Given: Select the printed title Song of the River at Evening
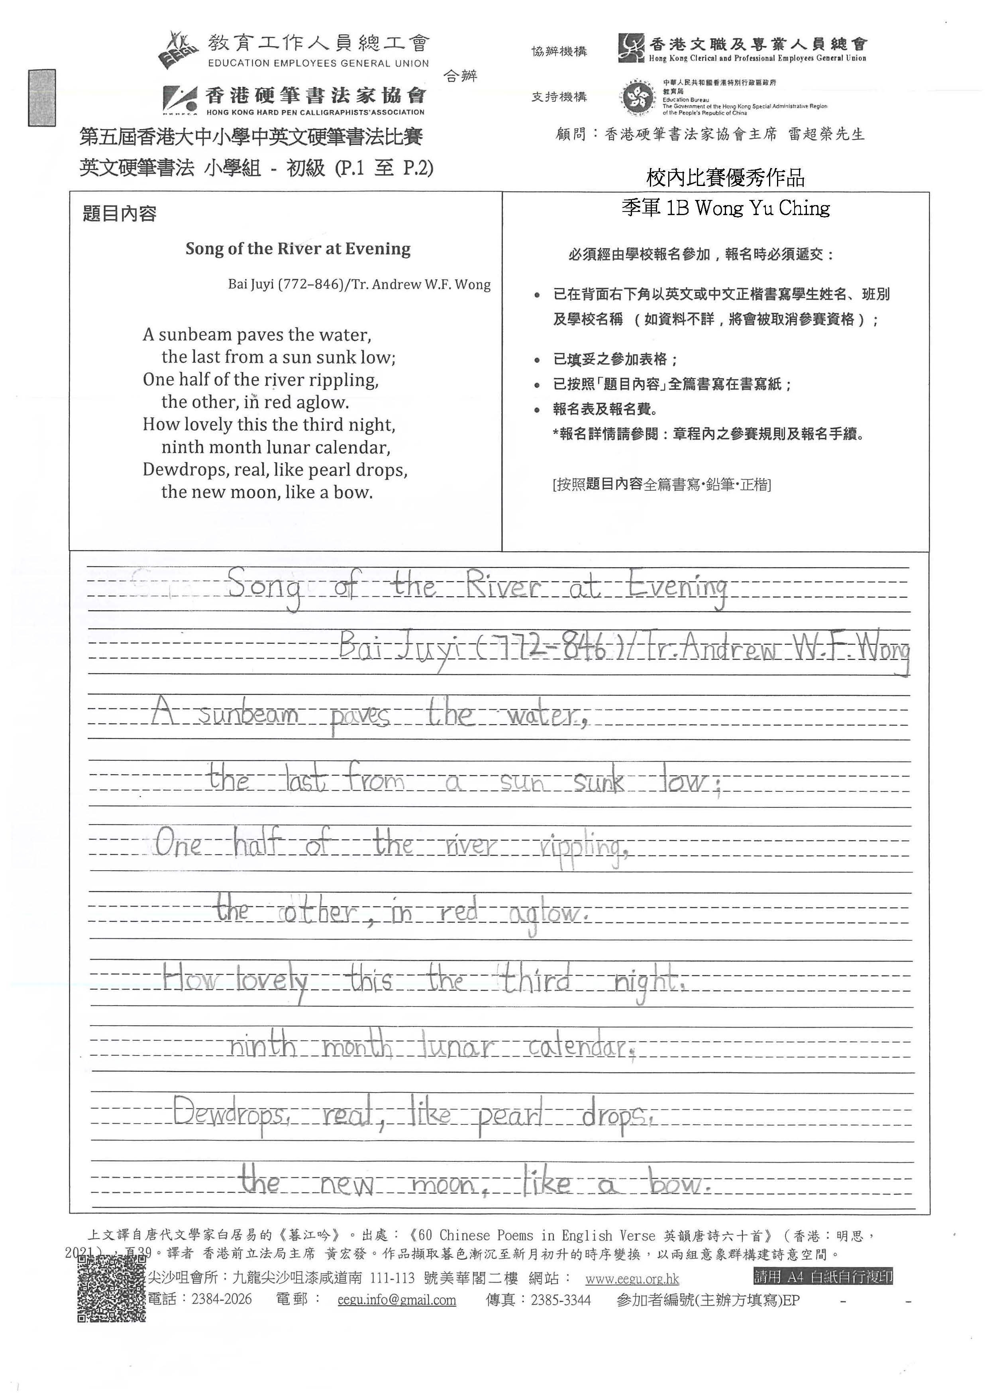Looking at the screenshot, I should (298, 249).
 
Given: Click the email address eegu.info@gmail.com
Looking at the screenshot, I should (396, 1300).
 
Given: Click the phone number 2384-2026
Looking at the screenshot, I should (222, 1299).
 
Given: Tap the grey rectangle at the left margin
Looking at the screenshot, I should (41, 98).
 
